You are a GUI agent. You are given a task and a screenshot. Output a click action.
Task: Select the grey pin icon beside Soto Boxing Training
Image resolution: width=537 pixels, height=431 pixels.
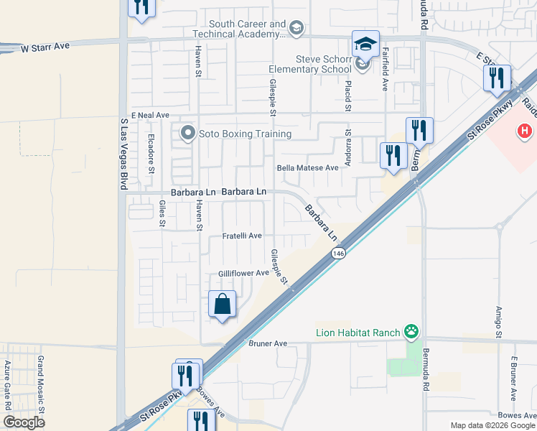[189, 133]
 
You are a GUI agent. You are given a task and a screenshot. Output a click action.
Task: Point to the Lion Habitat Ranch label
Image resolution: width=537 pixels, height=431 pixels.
[358, 332]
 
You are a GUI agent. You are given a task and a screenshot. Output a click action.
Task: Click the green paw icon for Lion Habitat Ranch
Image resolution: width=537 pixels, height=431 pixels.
[411, 331]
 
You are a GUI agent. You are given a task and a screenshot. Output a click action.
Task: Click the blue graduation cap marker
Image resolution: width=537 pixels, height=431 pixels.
[365, 44]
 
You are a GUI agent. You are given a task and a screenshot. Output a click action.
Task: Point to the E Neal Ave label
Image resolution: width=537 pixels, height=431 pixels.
[149, 115]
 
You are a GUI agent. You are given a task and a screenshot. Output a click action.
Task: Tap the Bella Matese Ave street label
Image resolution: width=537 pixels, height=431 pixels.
[307, 167]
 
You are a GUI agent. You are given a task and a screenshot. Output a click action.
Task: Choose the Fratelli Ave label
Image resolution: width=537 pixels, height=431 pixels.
[241, 236]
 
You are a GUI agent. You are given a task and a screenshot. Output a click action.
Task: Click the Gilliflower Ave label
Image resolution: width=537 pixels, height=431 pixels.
[243, 273]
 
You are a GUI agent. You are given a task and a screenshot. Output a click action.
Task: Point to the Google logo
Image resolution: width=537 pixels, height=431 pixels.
[24, 422]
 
